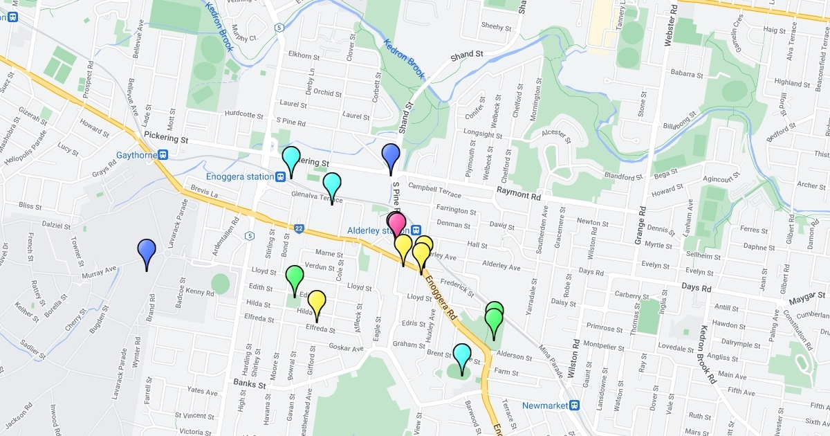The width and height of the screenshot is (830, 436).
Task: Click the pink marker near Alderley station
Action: click(396, 223)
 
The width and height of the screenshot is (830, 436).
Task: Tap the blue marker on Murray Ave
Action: click(147, 250)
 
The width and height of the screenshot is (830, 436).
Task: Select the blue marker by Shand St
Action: click(391, 155)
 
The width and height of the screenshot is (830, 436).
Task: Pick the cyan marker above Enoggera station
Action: click(291, 158)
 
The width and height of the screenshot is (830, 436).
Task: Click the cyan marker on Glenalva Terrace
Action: click(333, 184)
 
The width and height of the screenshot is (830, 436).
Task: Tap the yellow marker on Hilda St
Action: click(317, 302)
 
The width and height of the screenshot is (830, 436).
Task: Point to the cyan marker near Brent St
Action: click(461, 355)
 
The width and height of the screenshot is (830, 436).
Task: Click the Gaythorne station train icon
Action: click(163, 155)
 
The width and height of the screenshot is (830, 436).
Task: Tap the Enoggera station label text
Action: click(239, 176)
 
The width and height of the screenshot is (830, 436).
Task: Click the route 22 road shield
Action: click(299, 229)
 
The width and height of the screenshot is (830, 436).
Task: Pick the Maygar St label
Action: click(806, 301)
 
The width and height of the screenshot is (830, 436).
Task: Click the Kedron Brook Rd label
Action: click(708, 354)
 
